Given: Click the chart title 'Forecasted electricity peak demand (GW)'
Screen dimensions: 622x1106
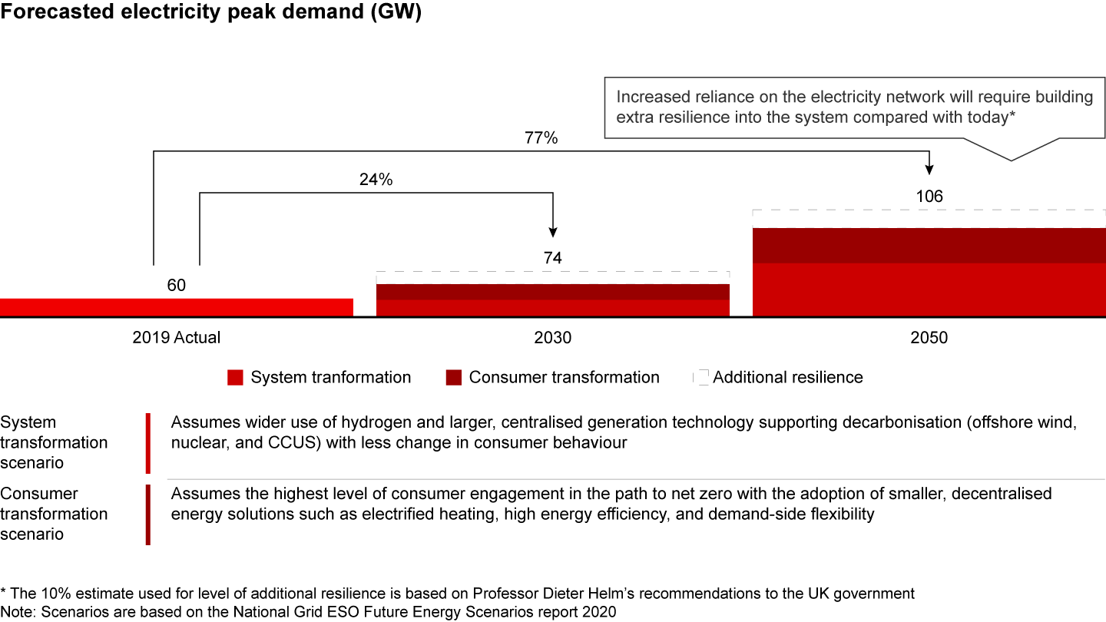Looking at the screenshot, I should [x=210, y=15].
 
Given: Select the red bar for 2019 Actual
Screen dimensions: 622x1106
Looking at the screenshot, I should [x=176, y=307].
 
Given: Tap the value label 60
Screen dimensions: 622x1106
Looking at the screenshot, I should [x=176, y=286].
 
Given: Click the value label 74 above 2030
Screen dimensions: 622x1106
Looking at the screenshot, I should [x=552, y=258].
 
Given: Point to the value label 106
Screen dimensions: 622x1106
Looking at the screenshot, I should [x=929, y=197].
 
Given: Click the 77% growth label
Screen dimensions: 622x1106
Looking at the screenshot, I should [x=542, y=139].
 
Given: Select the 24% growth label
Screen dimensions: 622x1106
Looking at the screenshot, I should [x=376, y=180].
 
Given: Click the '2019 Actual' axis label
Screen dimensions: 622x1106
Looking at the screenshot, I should [x=176, y=337].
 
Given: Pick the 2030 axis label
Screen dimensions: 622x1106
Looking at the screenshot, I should [x=552, y=337].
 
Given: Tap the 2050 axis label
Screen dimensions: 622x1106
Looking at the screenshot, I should [x=929, y=337].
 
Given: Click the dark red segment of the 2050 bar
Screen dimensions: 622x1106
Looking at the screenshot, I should [x=929, y=246].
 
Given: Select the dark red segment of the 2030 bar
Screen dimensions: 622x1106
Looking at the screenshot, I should [x=552, y=292].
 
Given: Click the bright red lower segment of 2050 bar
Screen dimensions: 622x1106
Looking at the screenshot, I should [x=929, y=289].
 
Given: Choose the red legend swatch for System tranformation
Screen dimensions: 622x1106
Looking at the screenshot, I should [x=236, y=378].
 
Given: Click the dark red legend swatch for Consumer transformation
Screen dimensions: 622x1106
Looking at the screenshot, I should [x=453, y=378].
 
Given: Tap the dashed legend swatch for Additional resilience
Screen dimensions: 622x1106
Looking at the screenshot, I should [x=701, y=378].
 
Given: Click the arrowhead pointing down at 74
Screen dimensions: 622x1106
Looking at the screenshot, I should [x=552, y=233].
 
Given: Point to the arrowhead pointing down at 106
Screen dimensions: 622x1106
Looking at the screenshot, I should [x=929, y=171].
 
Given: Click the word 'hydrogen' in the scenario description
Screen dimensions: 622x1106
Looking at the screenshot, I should [x=349, y=422].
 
